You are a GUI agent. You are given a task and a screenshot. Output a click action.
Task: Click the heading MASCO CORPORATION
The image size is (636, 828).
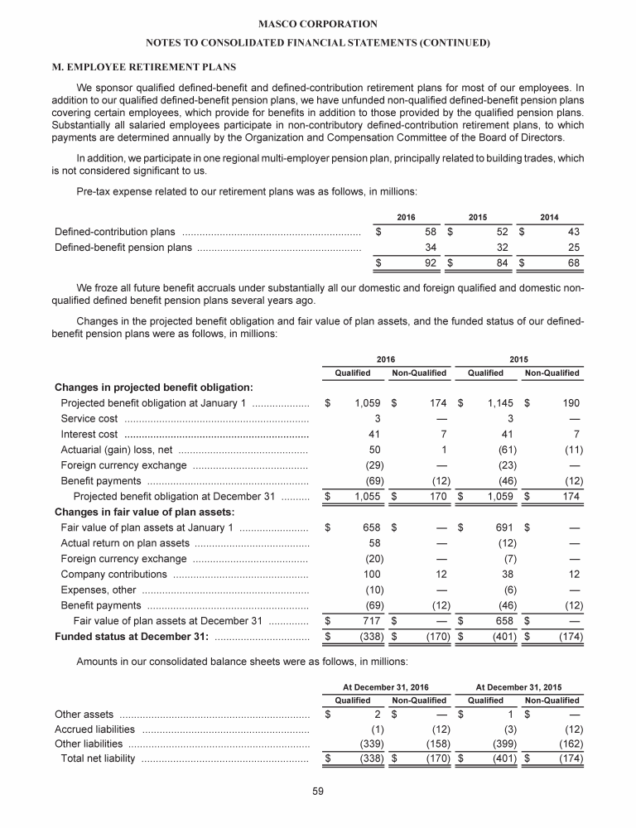(317, 24)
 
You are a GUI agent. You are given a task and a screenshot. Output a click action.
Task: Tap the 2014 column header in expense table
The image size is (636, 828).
(549, 217)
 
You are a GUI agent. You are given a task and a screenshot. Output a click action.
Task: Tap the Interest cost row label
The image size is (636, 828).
(91, 435)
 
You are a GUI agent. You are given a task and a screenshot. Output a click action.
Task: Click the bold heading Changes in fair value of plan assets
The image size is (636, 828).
(144, 513)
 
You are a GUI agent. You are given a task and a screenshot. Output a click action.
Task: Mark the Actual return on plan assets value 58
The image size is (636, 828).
(373, 544)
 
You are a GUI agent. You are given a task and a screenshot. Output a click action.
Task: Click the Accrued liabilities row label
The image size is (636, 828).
(94, 729)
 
